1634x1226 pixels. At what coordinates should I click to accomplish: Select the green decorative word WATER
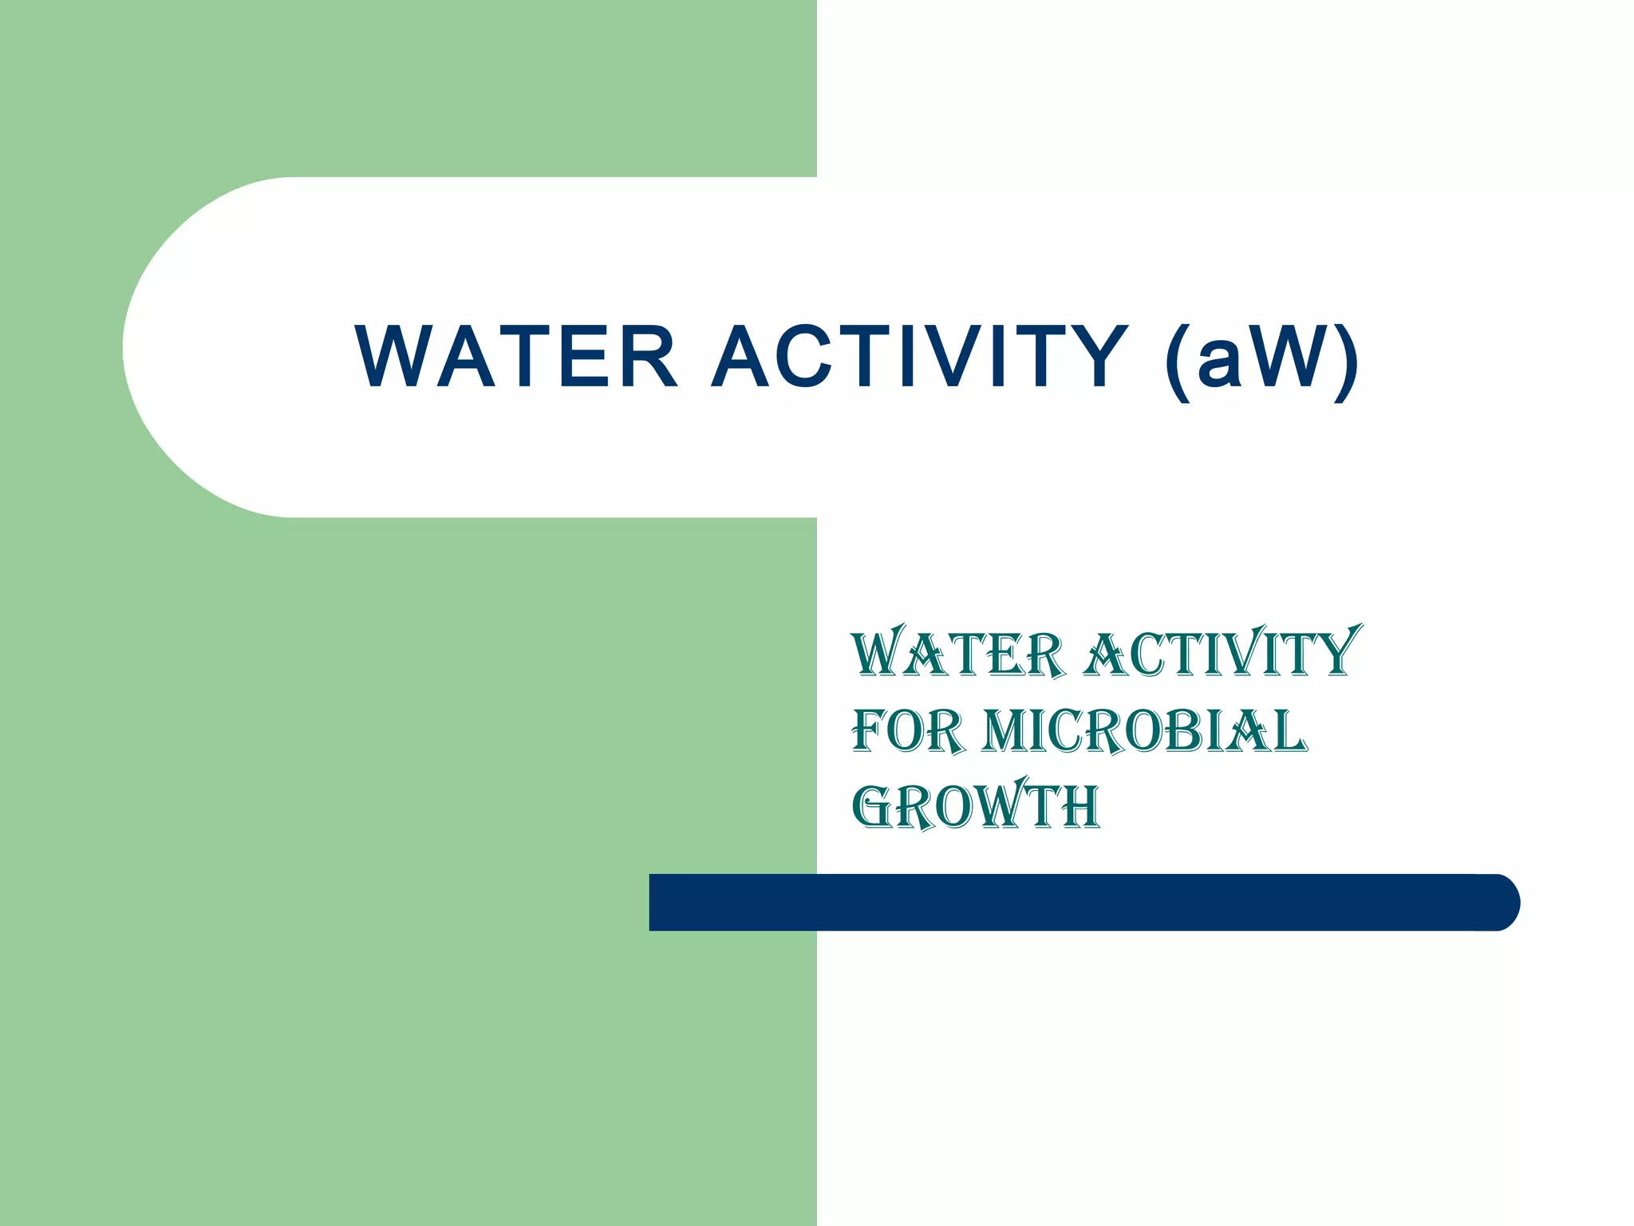click(x=958, y=655)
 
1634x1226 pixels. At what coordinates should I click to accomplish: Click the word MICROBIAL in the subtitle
click(x=1144, y=730)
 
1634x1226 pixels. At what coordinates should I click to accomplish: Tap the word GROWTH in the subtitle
click(x=976, y=805)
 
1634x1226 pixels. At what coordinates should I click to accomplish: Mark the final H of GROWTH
click(x=1080, y=806)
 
